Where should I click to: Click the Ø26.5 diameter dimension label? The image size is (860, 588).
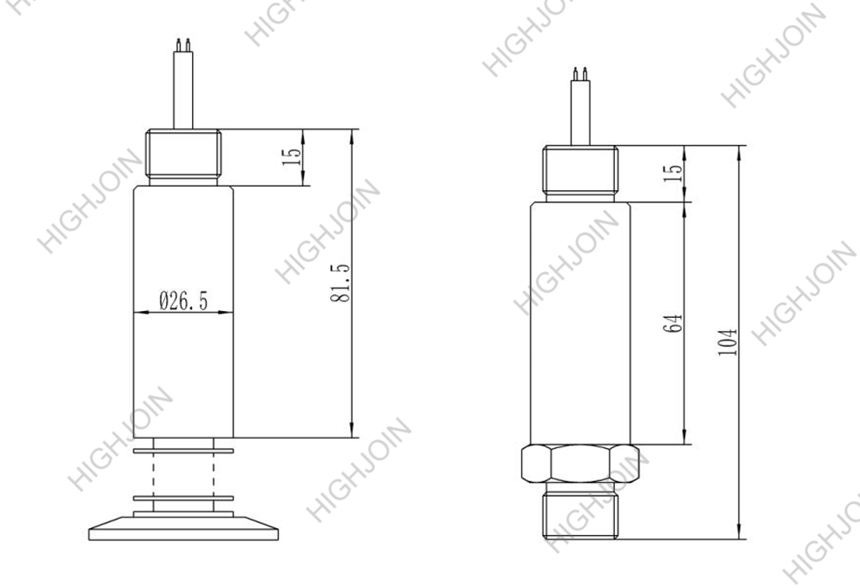(183, 301)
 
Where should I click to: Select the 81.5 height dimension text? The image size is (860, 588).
(341, 284)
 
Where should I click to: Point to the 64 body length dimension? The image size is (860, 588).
(675, 323)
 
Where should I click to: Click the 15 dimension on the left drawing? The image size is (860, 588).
(293, 156)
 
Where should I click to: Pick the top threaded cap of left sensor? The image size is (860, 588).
(182, 156)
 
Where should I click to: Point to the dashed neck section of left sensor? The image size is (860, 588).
(182, 474)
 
